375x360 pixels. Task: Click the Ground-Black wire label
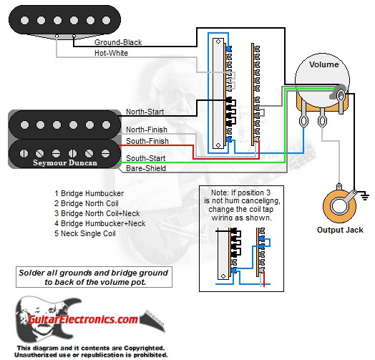click(x=117, y=42)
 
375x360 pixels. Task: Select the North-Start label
click(x=146, y=111)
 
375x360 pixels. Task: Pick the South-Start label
click(x=146, y=157)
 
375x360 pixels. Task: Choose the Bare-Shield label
click(x=146, y=168)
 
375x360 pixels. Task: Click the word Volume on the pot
click(x=323, y=64)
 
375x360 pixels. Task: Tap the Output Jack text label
click(x=340, y=230)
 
